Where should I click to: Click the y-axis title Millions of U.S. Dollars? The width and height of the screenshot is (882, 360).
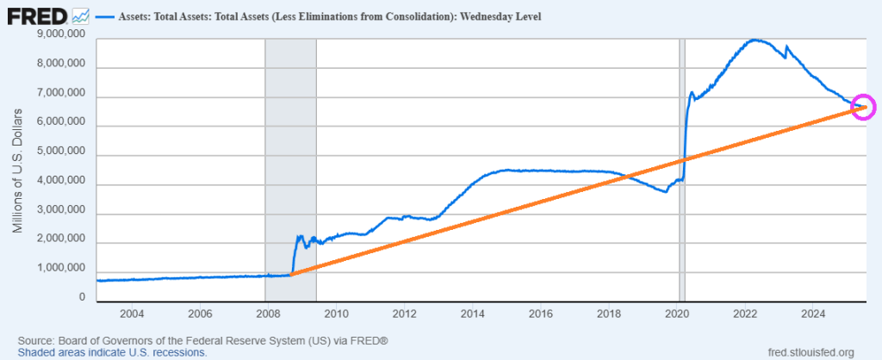click(19, 171)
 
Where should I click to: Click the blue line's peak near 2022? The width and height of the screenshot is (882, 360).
click(755, 40)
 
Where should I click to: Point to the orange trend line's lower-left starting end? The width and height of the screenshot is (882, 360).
click(292, 274)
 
